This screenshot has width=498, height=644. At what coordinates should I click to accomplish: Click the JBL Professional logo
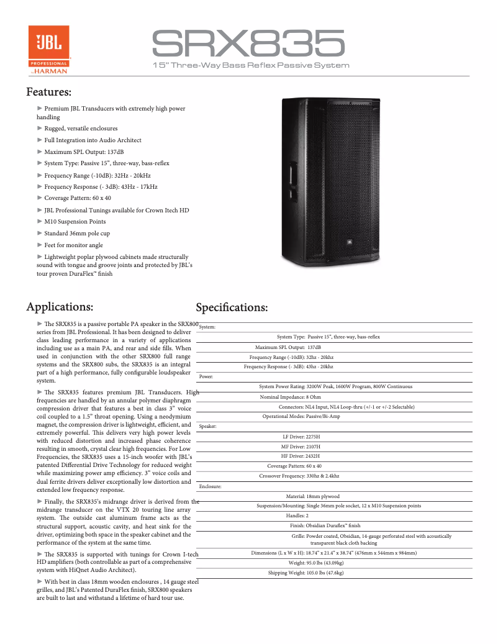48,50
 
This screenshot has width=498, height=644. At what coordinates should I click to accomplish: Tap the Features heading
49,93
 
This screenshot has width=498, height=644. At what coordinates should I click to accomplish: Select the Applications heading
60,307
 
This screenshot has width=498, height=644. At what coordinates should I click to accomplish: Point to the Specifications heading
232,308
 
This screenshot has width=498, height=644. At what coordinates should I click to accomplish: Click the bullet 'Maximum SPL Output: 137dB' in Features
84,152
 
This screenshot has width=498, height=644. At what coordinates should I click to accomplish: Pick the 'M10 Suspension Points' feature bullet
75,222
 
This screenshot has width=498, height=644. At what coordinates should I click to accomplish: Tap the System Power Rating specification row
335,386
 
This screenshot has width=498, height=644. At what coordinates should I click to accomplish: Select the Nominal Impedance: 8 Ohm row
290,397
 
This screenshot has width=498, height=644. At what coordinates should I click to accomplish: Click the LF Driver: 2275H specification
301,437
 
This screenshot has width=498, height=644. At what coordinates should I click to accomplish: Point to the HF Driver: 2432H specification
301,456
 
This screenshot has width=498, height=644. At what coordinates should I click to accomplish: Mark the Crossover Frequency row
299,476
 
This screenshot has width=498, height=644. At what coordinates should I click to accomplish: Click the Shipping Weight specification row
306,573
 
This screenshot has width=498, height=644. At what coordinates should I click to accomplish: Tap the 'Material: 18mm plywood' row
312,496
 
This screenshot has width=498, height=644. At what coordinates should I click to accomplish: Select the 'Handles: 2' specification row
297,515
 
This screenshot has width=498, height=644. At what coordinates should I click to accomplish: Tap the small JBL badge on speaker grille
350,243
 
